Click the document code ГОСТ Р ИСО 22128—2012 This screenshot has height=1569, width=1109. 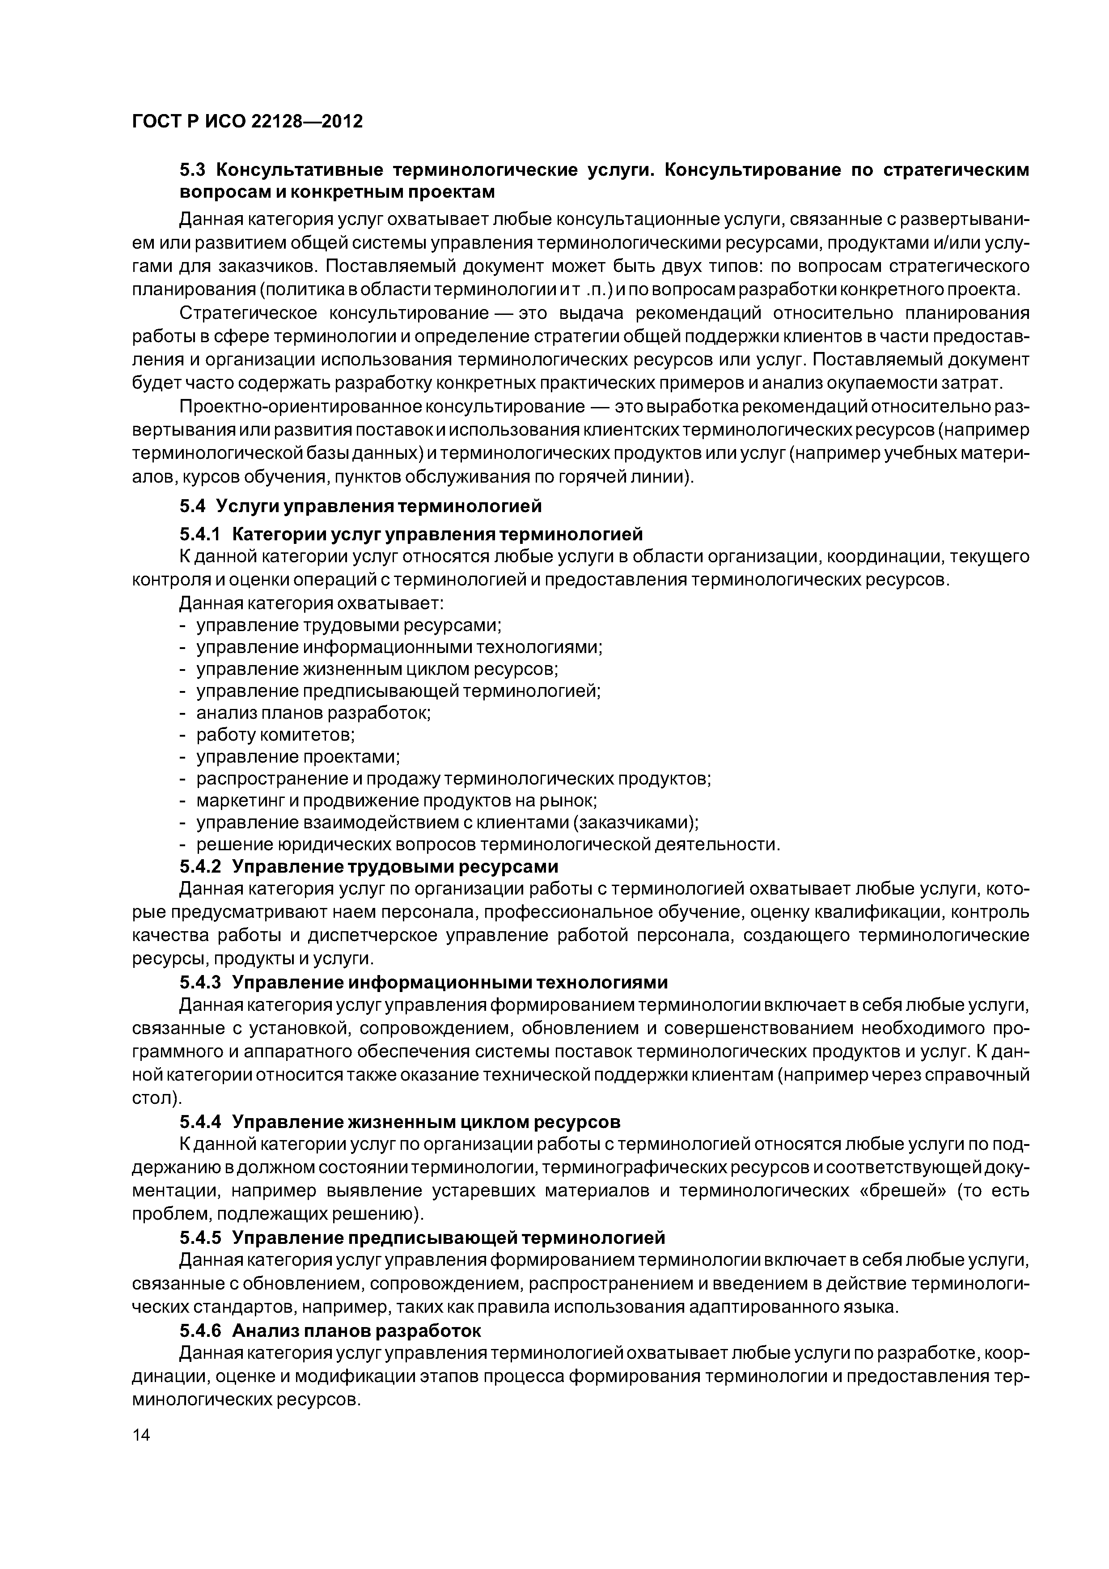pos(247,122)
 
